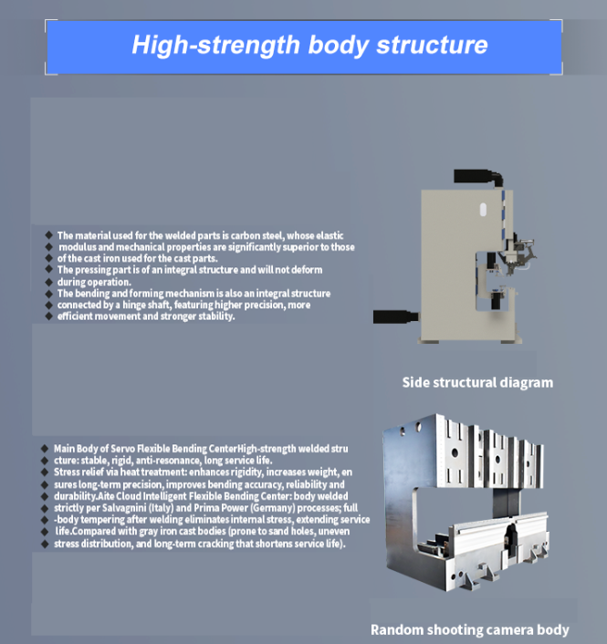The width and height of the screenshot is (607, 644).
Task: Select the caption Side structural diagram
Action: (477, 382)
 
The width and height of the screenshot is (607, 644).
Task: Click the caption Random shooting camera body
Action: (470, 629)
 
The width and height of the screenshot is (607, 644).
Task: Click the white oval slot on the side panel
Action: (483, 210)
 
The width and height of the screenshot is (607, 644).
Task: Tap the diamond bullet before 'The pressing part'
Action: (49, 269)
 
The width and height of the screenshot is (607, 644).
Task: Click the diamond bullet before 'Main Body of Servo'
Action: (45, 449)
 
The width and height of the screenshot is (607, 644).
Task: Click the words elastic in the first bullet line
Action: (330, 235)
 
